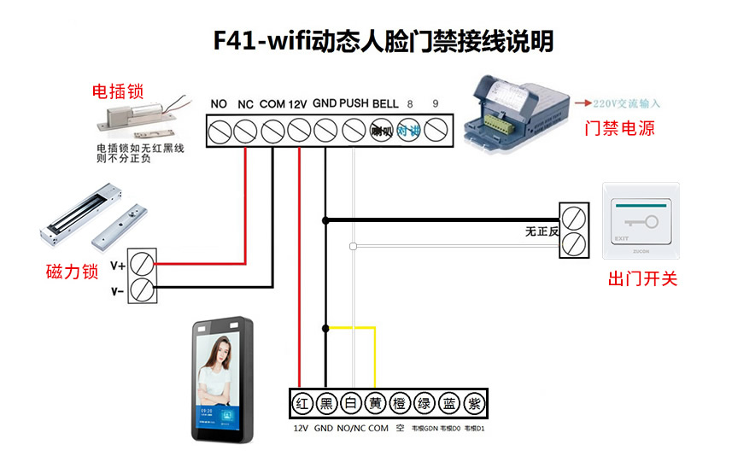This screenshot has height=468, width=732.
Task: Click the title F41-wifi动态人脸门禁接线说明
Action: click(384, 41)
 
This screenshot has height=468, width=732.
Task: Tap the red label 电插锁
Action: click(117, 91)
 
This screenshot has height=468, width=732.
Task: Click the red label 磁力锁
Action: click(73, 272)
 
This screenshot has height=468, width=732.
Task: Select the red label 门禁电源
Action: click(619, 128)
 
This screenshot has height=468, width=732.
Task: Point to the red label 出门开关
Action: click(642, 278)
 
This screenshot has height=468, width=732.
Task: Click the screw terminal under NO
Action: click(219, 131)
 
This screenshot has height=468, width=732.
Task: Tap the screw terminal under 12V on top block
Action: click(299, 131)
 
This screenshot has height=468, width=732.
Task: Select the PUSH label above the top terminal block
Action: click(354, 103)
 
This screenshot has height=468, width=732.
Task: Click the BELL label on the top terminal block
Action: click(385, 103)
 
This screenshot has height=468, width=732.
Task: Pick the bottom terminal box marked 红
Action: click(301, 402)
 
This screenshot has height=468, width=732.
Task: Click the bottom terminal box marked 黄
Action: click(375, 402)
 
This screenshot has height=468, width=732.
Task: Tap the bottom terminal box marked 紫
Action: click(474, 402)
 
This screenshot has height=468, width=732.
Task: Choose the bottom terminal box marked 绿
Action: click(425, 402)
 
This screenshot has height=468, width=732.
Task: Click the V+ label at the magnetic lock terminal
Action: click(118, 266)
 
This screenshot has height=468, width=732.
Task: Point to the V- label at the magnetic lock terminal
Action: click(118, 291)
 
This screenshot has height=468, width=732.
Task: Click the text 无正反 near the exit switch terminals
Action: click(542, 231)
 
